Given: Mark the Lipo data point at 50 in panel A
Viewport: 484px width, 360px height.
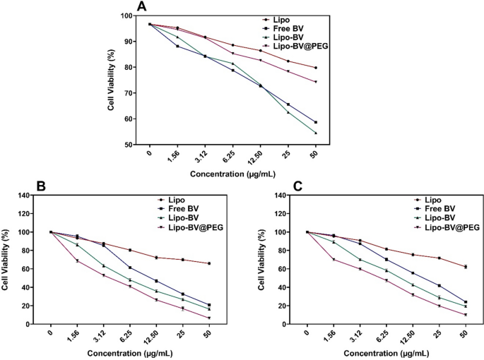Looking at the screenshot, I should point(316,68).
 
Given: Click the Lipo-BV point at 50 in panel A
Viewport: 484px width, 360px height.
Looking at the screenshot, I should point(316,133).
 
